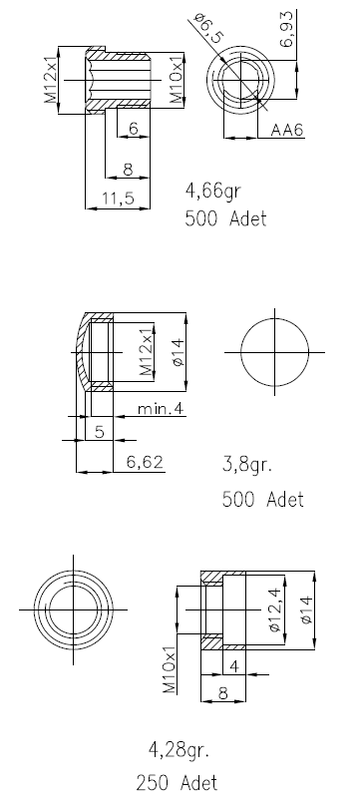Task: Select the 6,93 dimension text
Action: pos(287,29)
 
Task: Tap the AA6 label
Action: pos(286,130)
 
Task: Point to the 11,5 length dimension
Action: pos(118,198)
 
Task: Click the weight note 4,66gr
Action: pos(212,192)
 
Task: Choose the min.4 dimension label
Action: pos(161,409)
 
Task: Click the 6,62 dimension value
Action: pos(145,462)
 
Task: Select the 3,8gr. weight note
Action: pos(247,465)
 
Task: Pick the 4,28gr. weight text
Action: pos(179,749)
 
